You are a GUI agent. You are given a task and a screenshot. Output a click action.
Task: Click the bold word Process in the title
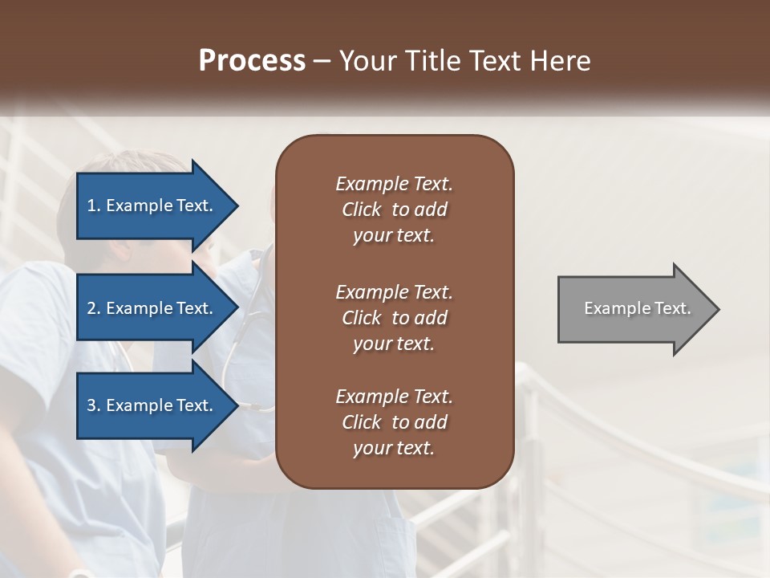252,61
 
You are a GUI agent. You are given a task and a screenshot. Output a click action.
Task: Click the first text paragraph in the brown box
394,210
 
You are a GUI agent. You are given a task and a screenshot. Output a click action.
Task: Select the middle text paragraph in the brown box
394,318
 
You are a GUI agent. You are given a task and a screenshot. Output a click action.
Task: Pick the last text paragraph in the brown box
394,422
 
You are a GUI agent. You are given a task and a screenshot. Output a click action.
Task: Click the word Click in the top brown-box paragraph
362,210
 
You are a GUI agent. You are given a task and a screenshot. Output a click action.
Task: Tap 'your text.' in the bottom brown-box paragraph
394,448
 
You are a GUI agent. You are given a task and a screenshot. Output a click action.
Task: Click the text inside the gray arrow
638,308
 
